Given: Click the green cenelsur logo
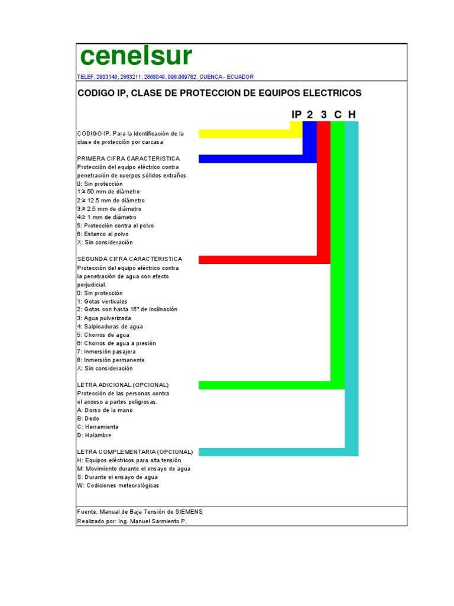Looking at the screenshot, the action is pos(136,56).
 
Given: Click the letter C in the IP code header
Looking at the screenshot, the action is pos(338,114).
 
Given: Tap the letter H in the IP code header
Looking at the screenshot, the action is pos(352,114).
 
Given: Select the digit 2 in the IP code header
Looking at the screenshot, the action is pos(309,114).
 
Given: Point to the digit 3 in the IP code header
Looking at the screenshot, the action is pos(323,114).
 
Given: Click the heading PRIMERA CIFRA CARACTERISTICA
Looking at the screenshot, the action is pos(128,159).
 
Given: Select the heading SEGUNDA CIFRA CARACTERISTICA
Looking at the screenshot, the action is pos(129,259).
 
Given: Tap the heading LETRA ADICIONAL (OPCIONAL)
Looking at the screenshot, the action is pos(123,385).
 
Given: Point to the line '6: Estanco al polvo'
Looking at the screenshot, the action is pos(102,234).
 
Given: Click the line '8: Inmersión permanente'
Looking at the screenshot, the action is pos(111,360).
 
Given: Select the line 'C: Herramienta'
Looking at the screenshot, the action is pos(98,427).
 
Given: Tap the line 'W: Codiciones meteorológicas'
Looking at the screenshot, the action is pos(118,485).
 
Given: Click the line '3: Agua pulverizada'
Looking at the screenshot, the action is pos(103,318).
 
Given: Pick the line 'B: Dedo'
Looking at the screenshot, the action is pos(88,418).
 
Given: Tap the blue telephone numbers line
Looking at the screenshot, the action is pos(165,77).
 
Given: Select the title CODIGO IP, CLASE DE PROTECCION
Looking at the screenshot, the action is pos(219,94).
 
